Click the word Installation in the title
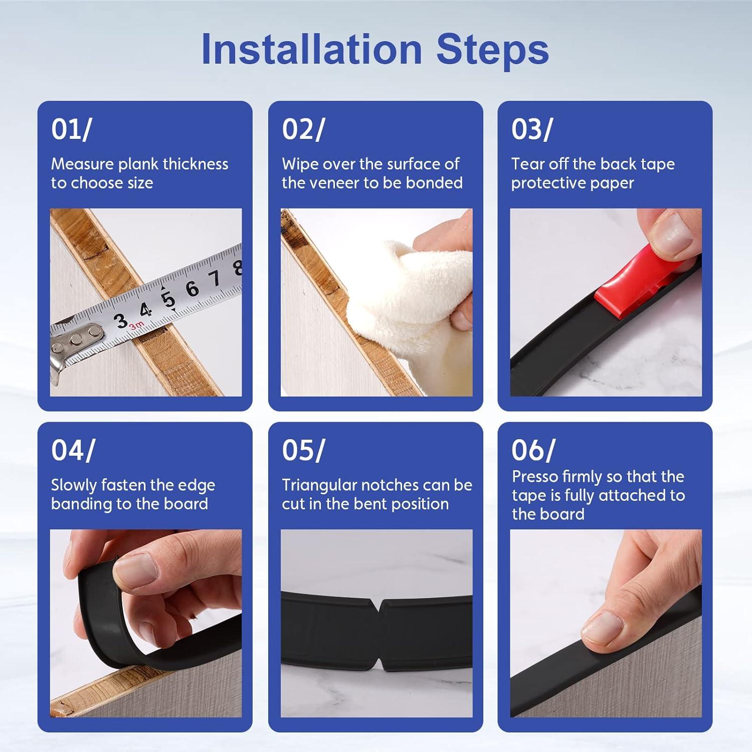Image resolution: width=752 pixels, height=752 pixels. tap(311, 49)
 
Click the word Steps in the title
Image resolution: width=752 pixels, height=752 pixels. tap(493, 50)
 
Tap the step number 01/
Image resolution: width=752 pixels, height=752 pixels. tap(71, 129)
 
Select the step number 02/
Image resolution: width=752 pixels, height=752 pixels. tap(303, 129)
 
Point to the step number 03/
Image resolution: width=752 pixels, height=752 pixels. tap(532, 129)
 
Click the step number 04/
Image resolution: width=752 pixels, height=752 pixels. tap(73, 450)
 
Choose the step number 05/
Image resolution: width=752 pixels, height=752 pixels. tap(303, 450)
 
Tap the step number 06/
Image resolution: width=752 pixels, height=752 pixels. tap(533, 450)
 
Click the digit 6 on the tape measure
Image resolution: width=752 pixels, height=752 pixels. tap(192, 289)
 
